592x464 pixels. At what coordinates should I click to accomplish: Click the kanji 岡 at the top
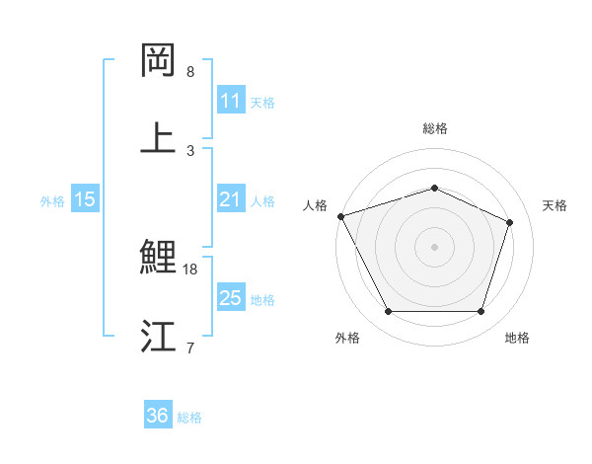pos(159,61)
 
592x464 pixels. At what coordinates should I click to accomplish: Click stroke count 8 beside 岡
pos(190,72)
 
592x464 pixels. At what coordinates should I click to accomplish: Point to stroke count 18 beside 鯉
pos(191,269)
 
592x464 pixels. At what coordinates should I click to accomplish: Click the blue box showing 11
pos(230,101)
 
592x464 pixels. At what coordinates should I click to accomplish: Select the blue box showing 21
pos(230,199)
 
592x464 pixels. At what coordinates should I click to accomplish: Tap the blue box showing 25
pos(230,298)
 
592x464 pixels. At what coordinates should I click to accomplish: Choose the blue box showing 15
pos(84,199)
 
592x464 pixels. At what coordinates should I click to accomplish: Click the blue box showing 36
pos(157,416)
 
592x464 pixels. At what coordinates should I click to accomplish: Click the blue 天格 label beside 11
pos(262,102)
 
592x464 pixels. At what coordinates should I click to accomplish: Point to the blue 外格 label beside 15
pos(52,200)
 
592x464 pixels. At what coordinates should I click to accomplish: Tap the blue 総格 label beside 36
pos(189,417)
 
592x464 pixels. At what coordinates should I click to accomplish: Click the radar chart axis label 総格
pos(434,128)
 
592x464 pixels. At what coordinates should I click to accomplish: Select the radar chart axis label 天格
pos(555,205)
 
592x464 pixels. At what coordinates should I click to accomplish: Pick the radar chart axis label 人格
pos(315,205)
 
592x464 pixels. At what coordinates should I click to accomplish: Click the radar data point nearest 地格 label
pos(481,312)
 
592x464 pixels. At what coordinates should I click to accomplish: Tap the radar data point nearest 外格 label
pos(388,312)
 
